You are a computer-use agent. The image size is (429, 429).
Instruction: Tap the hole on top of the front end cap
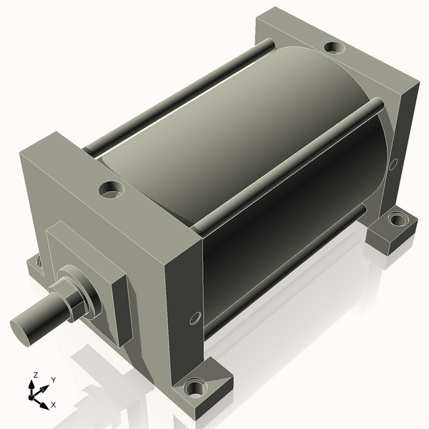[111, 189]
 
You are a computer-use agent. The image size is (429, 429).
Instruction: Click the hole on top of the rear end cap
[335, 49]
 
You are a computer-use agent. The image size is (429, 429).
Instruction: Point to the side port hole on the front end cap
[195, 318]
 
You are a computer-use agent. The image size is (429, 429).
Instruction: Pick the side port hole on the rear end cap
[393, 164]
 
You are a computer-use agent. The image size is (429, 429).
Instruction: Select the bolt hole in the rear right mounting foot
[398, 220]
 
